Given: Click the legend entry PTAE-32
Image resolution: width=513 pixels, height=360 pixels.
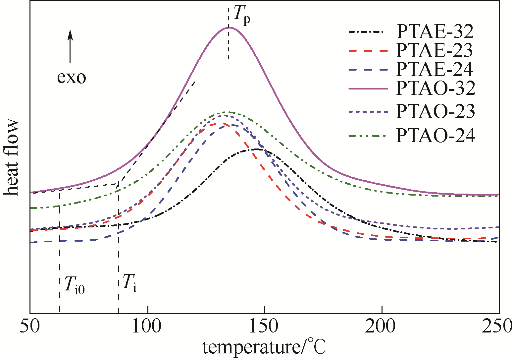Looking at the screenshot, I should click(x=435, y=32).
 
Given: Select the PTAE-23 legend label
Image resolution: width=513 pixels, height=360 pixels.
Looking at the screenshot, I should click(x=434, y=50).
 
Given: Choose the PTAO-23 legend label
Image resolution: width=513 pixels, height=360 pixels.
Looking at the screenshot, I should click(x=436, y=111).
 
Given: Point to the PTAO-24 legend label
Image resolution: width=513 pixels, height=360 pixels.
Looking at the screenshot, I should click(x=436, y=135).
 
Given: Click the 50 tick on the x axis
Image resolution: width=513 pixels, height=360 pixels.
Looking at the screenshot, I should click(x=30, y=326).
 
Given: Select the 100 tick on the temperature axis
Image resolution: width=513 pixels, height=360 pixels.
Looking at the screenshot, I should click(x=147, y=326).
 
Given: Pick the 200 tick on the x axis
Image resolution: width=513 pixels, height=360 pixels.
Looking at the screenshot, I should click(x=382, y=326).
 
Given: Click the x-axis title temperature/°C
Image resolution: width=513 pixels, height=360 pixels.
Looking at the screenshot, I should click(x=264, y=347).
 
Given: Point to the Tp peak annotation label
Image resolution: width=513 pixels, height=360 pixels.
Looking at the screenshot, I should click(x=241, y=15).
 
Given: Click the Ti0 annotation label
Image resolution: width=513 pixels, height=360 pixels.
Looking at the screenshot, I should click(x=74, y=285).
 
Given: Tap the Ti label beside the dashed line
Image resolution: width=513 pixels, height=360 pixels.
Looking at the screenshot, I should click(x=129, y=283).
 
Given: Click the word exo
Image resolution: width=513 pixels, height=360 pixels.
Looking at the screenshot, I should click(x=72, y=78).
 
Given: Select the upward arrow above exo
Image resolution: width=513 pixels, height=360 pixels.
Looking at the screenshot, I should click(x=70, y=46).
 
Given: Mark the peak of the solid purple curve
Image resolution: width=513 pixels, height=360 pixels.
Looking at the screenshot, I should click(x=229, y=28).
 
